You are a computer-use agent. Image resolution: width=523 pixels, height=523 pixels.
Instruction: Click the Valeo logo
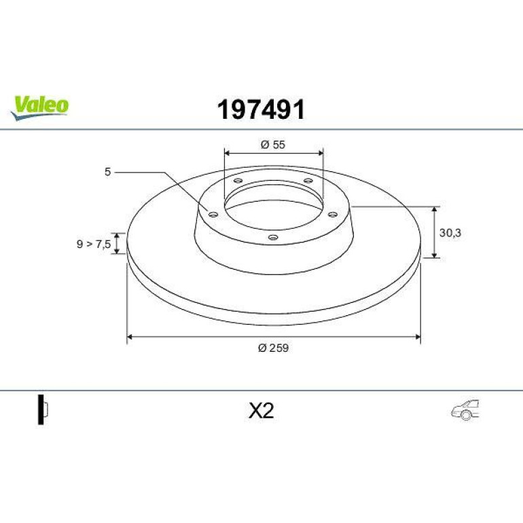tap(39, 107)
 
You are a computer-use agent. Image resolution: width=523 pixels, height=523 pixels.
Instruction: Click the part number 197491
tap(261, 109)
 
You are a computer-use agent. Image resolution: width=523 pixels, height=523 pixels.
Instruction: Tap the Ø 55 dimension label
tap(273, 145)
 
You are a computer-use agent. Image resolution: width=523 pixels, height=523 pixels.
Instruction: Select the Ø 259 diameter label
tap(273, 348)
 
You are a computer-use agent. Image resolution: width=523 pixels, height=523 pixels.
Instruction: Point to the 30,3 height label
tap(450, 233)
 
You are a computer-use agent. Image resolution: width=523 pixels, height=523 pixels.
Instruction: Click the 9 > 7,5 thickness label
tap(94, 244)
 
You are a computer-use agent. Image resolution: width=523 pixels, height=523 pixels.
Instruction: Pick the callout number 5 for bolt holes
tap(107, 172)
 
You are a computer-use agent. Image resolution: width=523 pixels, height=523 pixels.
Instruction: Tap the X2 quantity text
tap(261, 411)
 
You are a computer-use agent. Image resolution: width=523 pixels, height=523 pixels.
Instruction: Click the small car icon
tap(466, 410)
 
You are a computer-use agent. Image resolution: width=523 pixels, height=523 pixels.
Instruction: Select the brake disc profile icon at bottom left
tap(43, 410)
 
